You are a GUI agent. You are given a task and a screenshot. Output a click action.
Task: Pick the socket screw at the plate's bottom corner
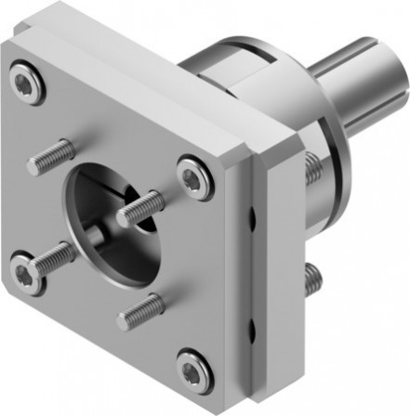[193, 371]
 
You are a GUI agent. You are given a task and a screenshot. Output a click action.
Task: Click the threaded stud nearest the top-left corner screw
[50, 157]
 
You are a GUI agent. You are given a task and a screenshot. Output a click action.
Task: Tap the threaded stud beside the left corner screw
[52, 257]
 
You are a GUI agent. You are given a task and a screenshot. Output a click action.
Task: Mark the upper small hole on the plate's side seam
[252, 220]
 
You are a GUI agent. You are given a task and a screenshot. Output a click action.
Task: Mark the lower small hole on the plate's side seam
[252, 327]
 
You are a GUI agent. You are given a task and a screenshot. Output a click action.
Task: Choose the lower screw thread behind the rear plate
[314, 275]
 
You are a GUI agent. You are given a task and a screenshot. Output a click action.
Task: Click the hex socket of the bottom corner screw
[193, 371]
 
